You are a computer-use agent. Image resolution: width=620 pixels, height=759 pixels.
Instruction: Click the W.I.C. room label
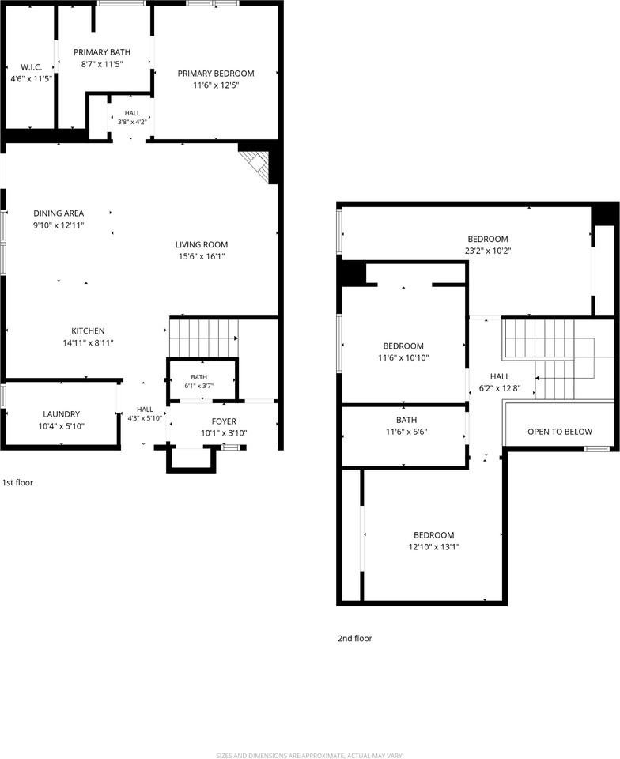[x=31, y=67]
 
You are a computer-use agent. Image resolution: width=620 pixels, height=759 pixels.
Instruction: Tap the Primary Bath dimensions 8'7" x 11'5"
[x=102, y=64]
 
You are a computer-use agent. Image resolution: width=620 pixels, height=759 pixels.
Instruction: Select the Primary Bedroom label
[x=216, y=74]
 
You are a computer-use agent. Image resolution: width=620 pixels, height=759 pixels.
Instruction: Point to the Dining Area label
[x=59, y=213]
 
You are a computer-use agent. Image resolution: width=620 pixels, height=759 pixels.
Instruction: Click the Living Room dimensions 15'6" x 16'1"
[x=202, y=256]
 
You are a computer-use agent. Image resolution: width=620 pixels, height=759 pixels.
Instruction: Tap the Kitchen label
[x=88, y=330]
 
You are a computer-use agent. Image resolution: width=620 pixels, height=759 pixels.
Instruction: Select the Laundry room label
[x=62, y=414]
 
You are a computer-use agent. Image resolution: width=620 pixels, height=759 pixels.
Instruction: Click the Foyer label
[x=224, y=421]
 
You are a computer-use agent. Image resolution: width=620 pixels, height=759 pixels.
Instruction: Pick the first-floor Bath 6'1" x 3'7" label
[x=199, y=381]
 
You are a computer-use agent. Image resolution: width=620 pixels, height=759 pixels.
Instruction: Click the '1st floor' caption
[x=17, y=482]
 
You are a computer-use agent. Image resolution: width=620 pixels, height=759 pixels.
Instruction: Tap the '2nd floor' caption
[x=355, y=639]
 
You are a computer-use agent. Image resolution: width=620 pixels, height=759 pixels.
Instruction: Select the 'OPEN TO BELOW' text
[x=560, y=432]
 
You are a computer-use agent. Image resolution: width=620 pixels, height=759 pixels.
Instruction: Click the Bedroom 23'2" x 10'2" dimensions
[x=488, y=251]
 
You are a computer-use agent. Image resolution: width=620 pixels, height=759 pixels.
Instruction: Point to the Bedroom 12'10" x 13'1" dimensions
[x=434, y=547]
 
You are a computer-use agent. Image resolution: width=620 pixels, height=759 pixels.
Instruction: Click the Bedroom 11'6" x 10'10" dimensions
[x=403, y=357]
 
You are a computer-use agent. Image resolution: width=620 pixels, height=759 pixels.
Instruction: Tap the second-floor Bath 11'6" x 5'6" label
[x=406, y=426]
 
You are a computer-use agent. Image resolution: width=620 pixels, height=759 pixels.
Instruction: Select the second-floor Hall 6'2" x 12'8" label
[x=500, y=382]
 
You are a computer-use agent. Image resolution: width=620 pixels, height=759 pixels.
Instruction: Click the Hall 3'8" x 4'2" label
[x=132, y=118]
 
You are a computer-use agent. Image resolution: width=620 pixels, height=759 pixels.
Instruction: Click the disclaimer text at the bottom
[x=310, y=755]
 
